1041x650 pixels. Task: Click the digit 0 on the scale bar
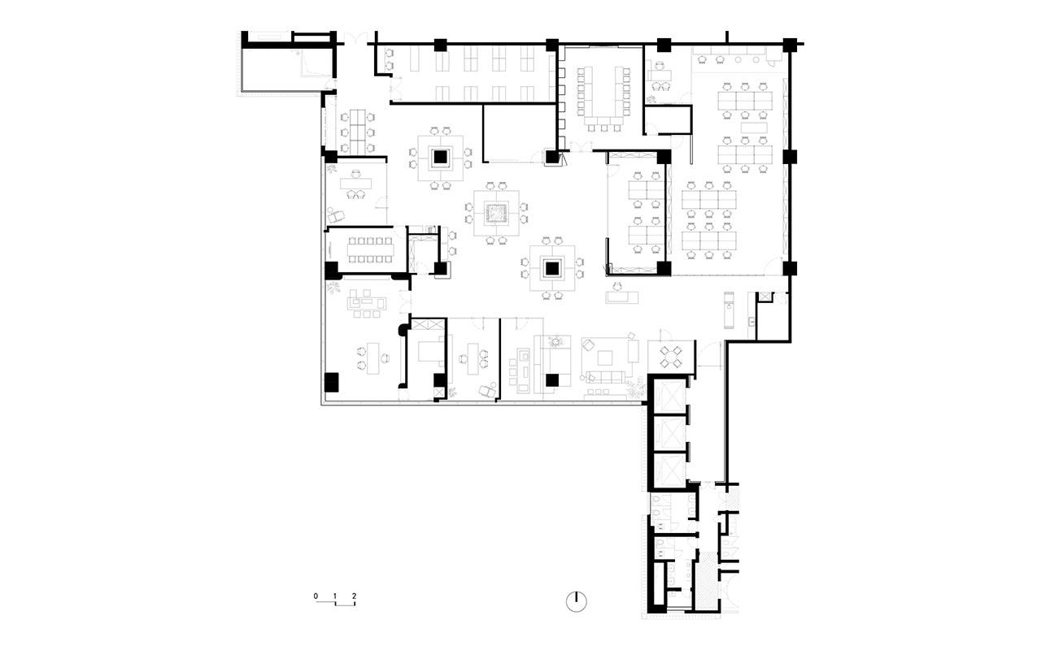[x=316, y=596]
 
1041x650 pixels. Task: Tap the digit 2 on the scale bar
[x=354, y=596]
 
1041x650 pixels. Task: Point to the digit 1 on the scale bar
[x=334, y=596]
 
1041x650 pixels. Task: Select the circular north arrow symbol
[x=577, y=600]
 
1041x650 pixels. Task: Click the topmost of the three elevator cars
[x=669, y=396]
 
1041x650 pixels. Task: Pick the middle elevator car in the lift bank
[x=669, y=430]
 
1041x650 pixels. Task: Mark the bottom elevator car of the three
[x=669, y=465]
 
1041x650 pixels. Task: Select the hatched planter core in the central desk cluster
[x=496, y=214]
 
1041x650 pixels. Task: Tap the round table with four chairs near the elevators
[x=672, y=353]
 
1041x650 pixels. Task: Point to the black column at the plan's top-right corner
[x=789, y=44]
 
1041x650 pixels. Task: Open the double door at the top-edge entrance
[x=351, y=36]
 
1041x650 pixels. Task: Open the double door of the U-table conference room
[x=582, y=147]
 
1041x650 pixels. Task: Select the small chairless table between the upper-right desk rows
[x=755, y=126]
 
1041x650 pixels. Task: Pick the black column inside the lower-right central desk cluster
[x=552, y=266]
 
